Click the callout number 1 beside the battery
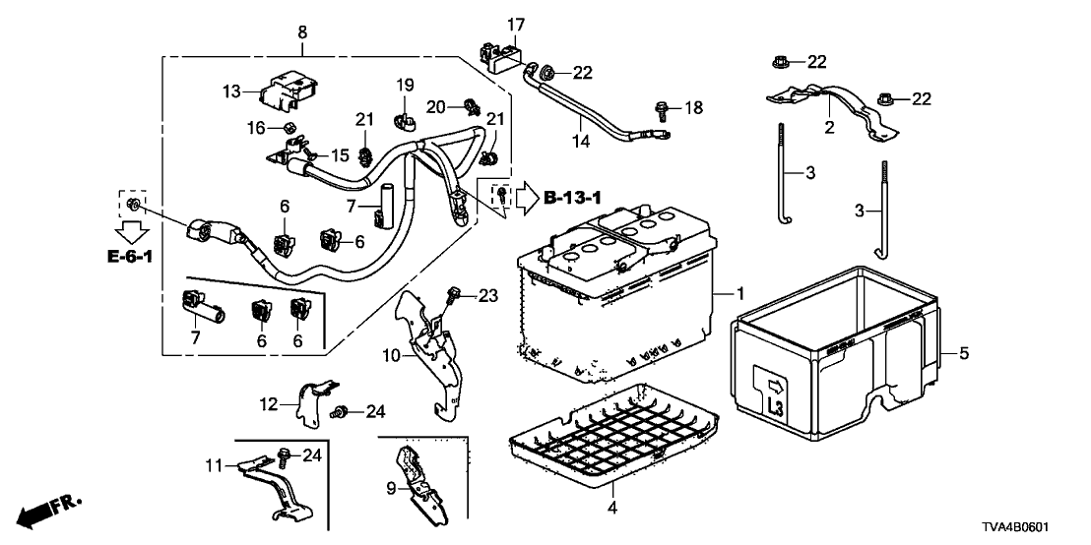(x=739, y=294)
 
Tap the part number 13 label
(x=230, y=91)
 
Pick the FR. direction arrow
(x=49, y=512)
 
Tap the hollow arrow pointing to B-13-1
(x=524, y=199)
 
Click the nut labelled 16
(x=289, y=128)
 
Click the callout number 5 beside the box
(x=964, y=352)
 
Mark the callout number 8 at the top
(x=302, y=32)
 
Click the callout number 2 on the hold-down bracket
(x=829, y=127)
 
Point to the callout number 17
(x=516, y=24)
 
